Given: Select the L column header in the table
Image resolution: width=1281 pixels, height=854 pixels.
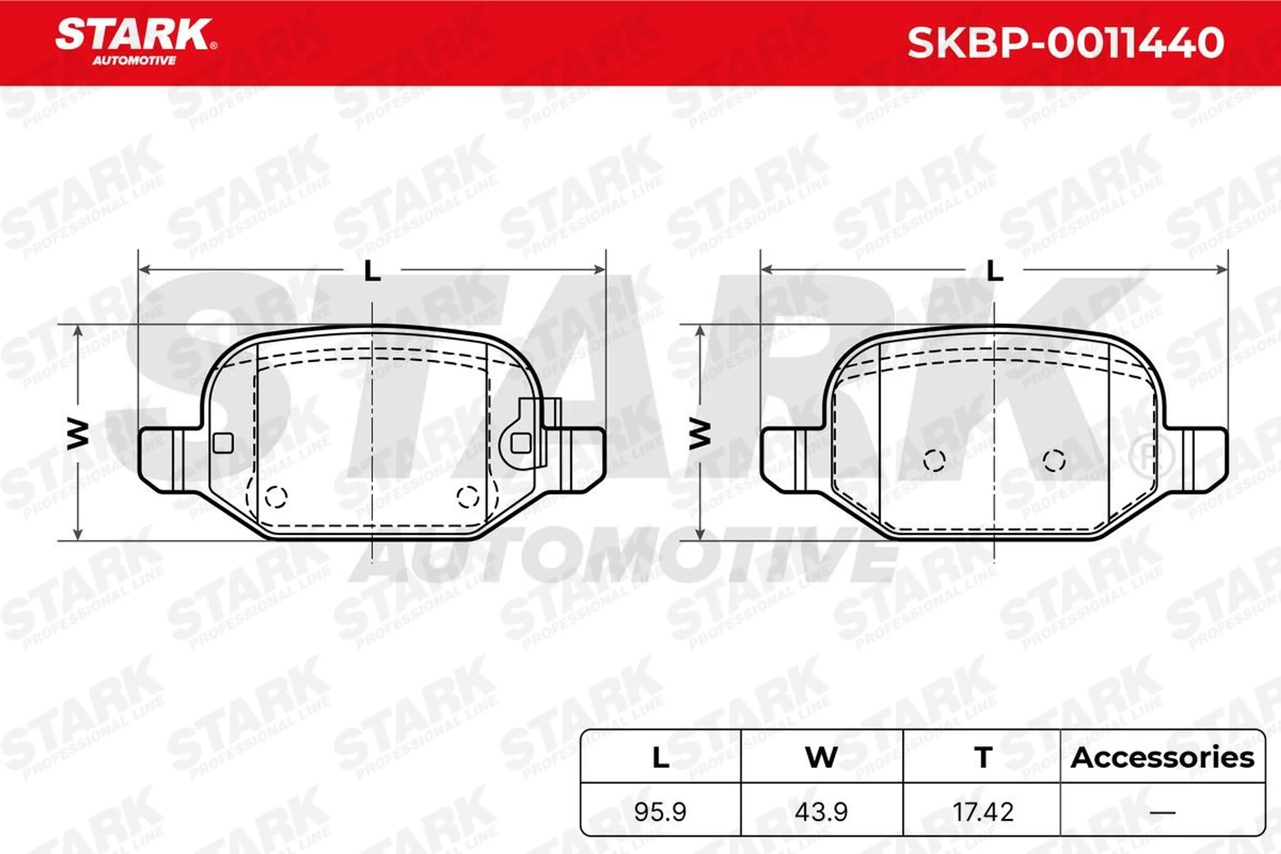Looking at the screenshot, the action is [661, 758].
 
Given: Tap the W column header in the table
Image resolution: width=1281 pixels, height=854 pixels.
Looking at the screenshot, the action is [821, 758].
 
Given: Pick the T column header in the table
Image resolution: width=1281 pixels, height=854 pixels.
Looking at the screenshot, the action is [983, 758].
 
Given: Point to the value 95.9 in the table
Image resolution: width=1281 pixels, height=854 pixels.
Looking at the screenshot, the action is [660, 812].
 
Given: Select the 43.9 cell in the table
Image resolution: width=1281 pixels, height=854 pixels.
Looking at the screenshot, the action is [821, 812].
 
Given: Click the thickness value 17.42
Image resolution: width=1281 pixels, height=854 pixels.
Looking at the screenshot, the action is [983, 812].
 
